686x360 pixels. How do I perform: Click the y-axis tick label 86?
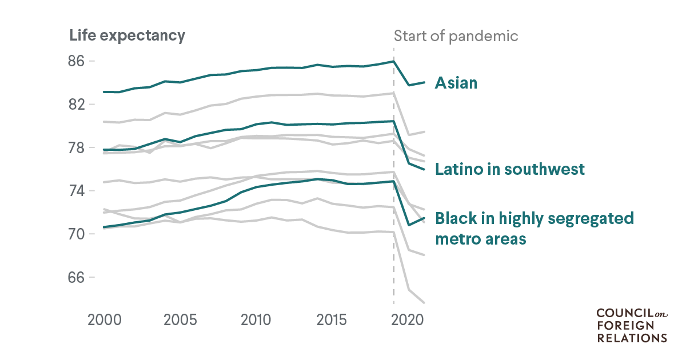[x=77, y=61]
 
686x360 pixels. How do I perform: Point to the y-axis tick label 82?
[x=77, y=105]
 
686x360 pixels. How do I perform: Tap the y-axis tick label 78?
[x=77, y=148]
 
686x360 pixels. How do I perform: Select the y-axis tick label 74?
[x=77, y=191]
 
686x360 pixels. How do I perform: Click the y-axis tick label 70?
[x=77, y=234]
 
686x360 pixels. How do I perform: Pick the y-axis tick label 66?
[x=77, y=278]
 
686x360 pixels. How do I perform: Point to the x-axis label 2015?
[x=332, y=319]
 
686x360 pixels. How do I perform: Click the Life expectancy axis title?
[x=127, y=35]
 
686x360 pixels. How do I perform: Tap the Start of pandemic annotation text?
[x=456, y=36]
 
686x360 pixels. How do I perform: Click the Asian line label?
[x=456, y=83]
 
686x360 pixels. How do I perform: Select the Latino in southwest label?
[x=510, y=169]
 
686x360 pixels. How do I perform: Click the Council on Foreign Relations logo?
[x=632, y=325]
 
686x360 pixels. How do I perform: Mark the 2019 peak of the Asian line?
[x=393, y=61]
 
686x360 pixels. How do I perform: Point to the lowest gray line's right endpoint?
[x=424, y=303]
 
